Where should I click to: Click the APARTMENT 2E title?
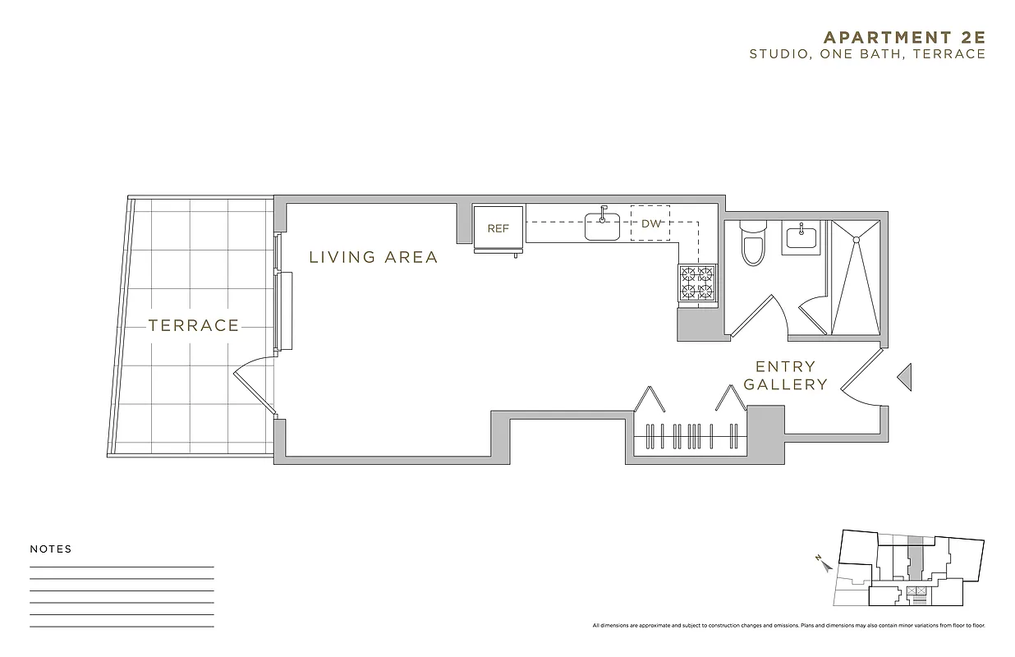click(903, 37)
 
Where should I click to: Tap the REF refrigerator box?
click(498, 228)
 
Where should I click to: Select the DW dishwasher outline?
click(650, 223)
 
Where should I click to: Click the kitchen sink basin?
click(602, 226)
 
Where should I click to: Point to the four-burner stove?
click(696, 284)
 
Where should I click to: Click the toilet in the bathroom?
click(753, 245)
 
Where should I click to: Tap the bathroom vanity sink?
click(800, 237)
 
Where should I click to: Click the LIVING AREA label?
click(374, 257)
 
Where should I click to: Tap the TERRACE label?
click(194, 325)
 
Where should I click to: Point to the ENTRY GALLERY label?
click(786, 375)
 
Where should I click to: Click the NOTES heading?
click(51, 549)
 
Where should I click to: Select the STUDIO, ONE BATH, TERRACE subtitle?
click(866, 54)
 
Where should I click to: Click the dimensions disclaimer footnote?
click(788, 626)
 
